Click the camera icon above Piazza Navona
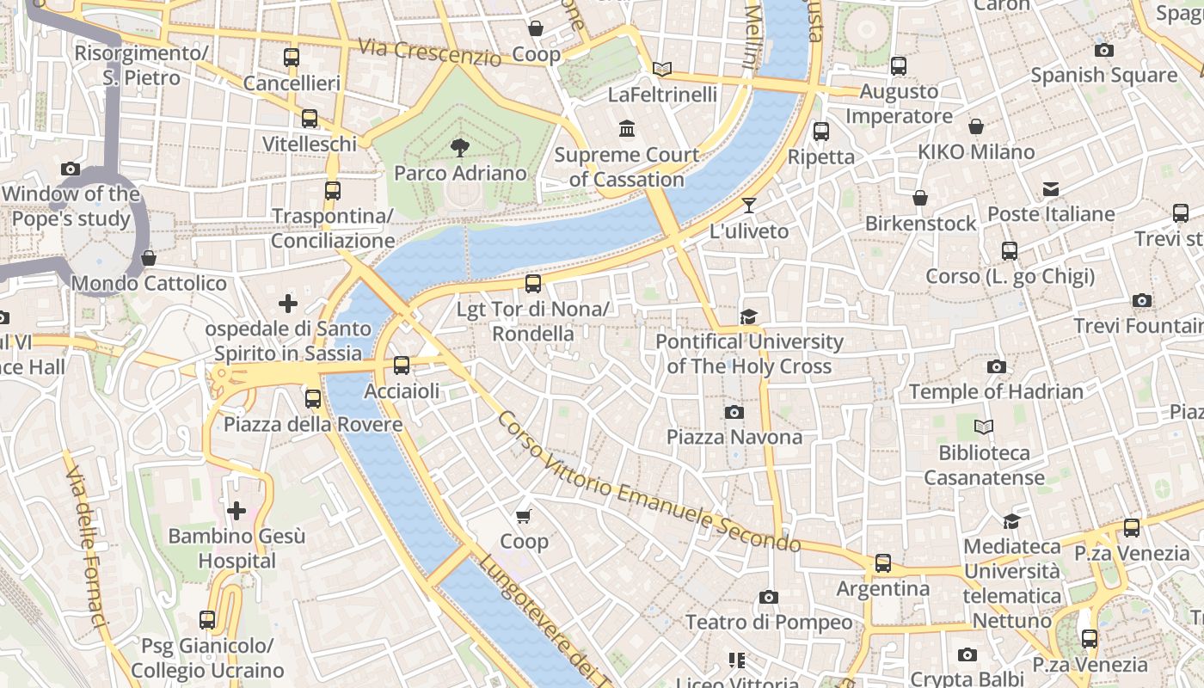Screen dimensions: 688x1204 (734, 412)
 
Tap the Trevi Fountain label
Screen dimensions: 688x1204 (1138, 326)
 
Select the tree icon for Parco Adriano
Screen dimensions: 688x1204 (460, 148)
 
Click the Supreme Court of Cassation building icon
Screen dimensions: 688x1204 (627, 130)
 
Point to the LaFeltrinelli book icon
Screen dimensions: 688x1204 (662, 69)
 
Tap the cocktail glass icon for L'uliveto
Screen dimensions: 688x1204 (749, 205)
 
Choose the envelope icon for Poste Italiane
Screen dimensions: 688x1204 (1051, 189)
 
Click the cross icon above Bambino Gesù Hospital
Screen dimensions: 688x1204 (236, 511)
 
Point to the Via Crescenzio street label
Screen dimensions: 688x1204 (430, 52)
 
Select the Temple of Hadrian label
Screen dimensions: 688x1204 (996, 392)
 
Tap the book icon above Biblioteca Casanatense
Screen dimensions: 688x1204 (984, 427)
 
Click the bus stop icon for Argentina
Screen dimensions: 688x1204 (883, 563)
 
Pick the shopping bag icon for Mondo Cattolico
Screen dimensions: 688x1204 (149, 258)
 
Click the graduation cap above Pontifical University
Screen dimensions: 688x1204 (749, 316)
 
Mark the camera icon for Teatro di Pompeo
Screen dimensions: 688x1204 (769, 597)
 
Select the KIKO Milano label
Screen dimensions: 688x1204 (976, 152)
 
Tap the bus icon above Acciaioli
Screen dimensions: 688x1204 (402, 365)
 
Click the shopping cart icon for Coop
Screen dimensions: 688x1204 (523, 516)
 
